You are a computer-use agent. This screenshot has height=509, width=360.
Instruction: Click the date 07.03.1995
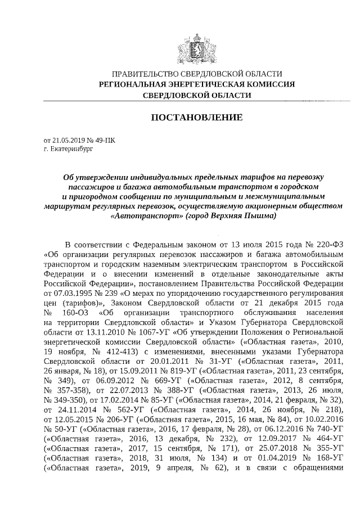[x=61, y=293]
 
